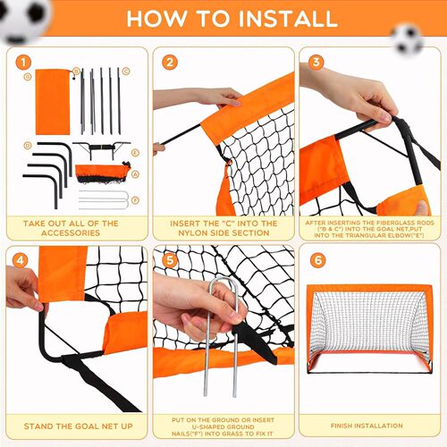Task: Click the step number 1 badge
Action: [22, 62]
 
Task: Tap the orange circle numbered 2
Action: [170, 62]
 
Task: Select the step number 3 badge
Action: [316, 62]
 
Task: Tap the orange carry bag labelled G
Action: [54, 99]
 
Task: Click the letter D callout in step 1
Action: [29, 146]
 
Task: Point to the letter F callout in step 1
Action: [135, 200]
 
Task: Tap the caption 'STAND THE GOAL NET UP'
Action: [72, 426]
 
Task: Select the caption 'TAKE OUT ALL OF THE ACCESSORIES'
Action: [72, 227]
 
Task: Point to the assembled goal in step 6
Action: [370, 331]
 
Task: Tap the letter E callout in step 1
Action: [134, 153]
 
